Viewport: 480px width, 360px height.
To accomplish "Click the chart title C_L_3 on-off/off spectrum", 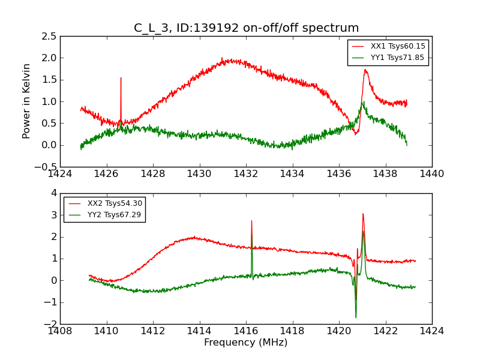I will coord(246,28).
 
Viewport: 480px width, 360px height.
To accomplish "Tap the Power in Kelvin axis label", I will coord(27,101).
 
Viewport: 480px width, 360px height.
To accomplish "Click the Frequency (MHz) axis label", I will coord(245,343).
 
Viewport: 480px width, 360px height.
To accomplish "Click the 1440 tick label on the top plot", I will coord(431,174).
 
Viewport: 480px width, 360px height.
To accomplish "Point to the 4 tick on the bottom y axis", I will coord(53,193).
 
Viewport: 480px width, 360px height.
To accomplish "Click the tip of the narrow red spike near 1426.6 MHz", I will coord(121,77).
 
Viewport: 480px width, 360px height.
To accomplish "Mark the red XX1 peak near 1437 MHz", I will coord(365,70).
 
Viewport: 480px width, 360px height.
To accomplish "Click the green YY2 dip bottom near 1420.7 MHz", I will coord(356,317).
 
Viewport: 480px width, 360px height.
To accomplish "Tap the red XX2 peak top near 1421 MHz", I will coord(362,214).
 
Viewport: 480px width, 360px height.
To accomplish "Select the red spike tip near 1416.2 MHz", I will coord(251,220).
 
